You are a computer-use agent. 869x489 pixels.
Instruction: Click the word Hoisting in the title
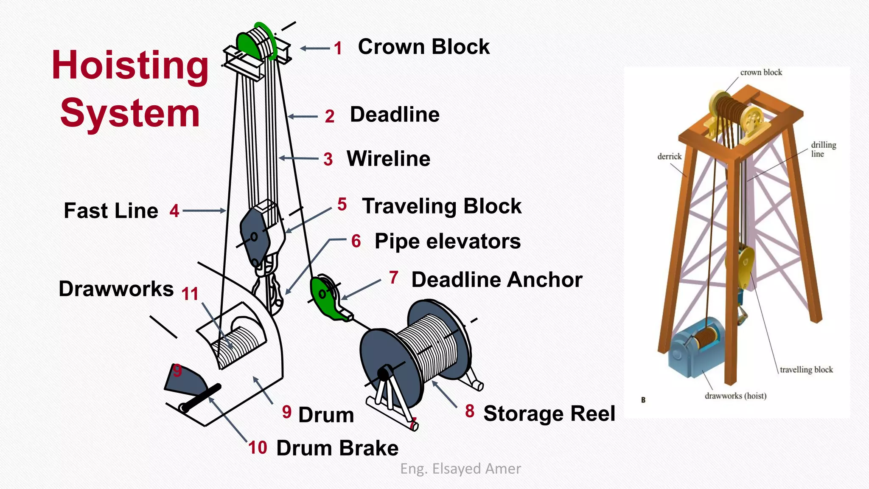130,66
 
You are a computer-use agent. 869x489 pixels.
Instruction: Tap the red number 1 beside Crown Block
338,48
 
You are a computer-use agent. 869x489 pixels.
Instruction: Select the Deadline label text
395,115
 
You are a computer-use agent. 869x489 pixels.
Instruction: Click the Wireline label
388,159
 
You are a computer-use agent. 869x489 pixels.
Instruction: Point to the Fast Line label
111,211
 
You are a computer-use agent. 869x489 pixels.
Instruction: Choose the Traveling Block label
442,206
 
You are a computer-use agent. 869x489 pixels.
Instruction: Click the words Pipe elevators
447,242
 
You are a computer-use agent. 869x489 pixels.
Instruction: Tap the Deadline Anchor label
496,280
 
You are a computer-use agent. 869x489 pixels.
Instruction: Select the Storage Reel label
549,413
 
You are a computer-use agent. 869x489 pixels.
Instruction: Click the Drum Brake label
337,448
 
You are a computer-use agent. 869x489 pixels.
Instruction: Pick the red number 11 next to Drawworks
190,294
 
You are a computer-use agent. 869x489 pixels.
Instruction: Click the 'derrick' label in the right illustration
669,157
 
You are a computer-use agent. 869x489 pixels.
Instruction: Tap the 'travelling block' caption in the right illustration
806,370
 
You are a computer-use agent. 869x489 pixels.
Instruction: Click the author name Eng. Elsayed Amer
460,469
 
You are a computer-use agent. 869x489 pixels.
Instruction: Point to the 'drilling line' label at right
823,149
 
